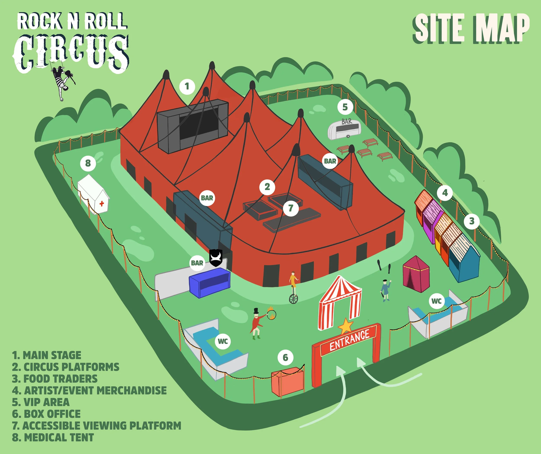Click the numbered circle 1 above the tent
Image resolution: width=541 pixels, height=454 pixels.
pos(187,86)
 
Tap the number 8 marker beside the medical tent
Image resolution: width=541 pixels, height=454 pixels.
pos(88,163)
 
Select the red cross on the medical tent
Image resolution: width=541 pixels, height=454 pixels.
pos(102,204)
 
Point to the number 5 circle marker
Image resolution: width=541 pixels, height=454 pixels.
pos(345,107)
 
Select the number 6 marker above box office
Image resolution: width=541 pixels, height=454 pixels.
pos(285,358)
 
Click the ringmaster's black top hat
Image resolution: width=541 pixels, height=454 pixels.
pos(256,311)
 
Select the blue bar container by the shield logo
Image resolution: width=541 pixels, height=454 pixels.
pos(209,283)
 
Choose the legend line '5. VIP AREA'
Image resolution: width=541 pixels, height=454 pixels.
pos(41,402)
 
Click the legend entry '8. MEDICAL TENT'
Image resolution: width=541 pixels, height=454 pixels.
pos(53,438)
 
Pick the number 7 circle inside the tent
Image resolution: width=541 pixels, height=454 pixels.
pos(291,208)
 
